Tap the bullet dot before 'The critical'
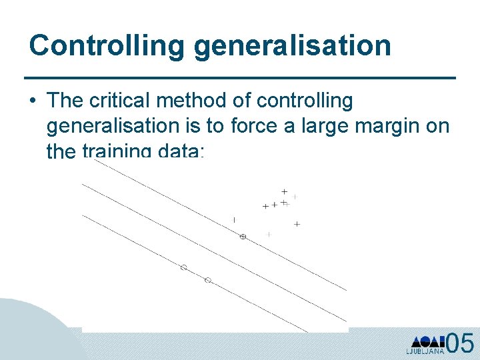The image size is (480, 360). pos(33,101)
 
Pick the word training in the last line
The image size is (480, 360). pos(115,151)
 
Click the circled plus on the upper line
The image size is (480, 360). pos(243,237)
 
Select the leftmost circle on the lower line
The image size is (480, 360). pos(183,267)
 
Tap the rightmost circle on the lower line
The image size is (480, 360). pos(207,280)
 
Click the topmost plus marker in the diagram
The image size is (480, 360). pos(284,191)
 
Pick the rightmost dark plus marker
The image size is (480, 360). pos(297,224)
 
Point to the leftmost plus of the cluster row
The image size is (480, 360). pos(265,207)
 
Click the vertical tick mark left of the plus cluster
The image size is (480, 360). pos(234,219)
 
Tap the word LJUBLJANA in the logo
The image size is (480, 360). pos(425,351)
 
